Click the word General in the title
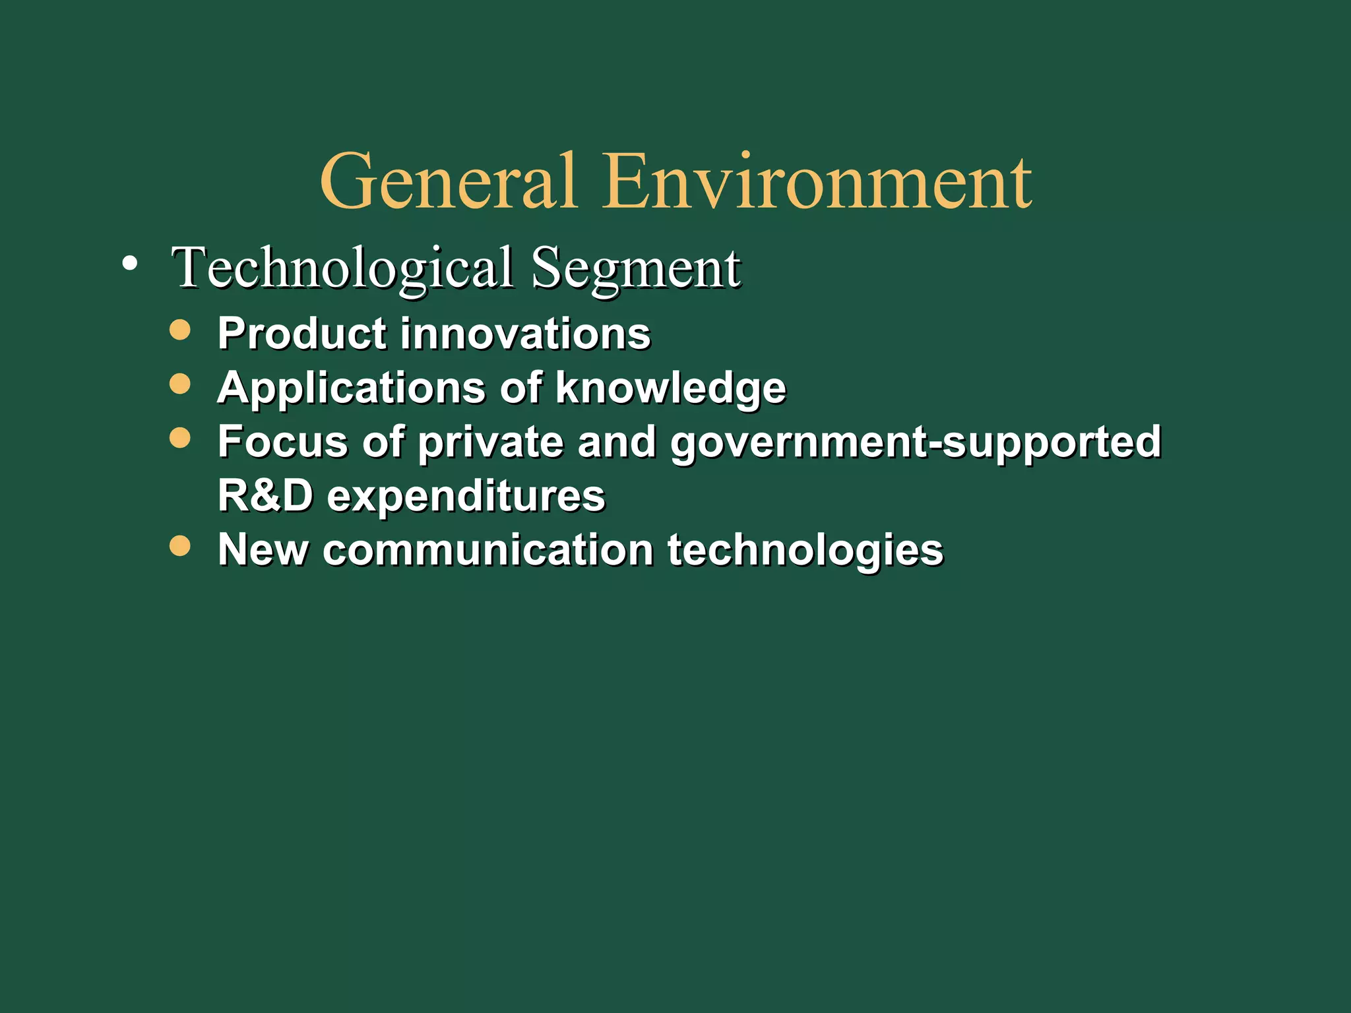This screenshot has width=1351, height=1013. coord(449,181)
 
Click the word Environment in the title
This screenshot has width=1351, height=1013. coord(817,181)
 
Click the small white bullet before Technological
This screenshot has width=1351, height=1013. coord(130,264)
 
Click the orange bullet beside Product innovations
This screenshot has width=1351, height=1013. coord(179,329)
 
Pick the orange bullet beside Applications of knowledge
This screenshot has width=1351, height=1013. coord(179,383)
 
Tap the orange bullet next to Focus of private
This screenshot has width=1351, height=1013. coord(179,437)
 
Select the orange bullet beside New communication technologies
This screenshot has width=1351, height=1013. coord(179,545)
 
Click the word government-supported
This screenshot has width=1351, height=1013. coord(916,442)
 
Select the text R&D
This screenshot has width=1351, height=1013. coord(265,495)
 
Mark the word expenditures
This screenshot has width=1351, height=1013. coord(466,496)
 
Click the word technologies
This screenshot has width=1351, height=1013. coord(805,550)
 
